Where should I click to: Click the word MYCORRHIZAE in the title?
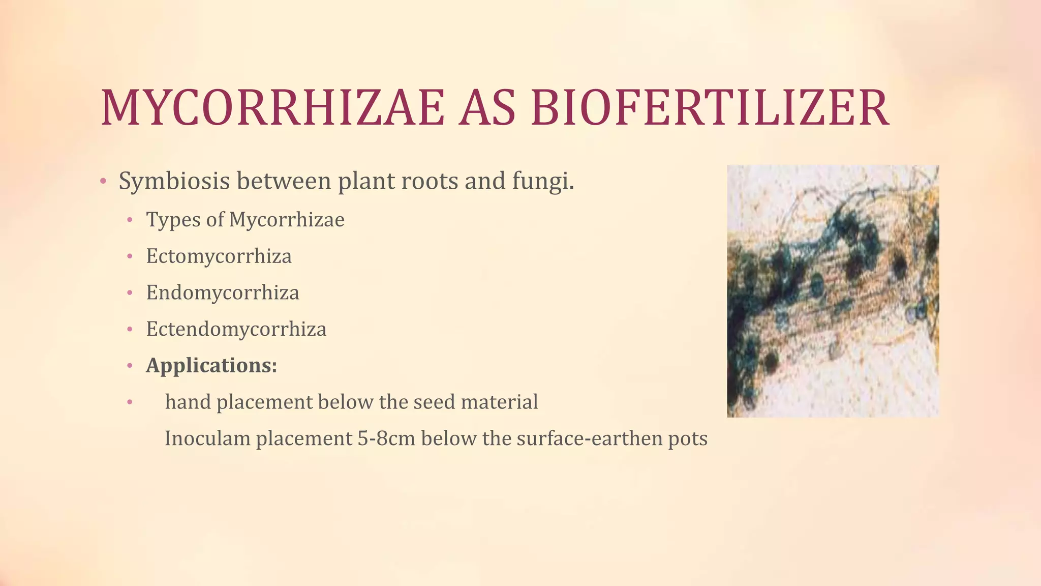pos(272,108)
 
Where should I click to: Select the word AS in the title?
pos(487,108)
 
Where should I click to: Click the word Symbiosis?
pos(174,182)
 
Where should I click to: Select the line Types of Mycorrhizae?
pos(245,220)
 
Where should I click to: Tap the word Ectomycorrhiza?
pos(219,256)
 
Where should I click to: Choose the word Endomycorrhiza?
pos(223,293)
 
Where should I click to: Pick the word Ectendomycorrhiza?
pos(236,329)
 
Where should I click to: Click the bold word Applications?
pos(211,365)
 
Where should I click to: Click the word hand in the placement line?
pos(188,402)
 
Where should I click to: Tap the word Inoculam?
pos(207,438)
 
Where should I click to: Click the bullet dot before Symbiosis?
pos(103,182)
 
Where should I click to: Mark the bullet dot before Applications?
pos(130,366)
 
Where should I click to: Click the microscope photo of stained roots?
pos(833,291)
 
